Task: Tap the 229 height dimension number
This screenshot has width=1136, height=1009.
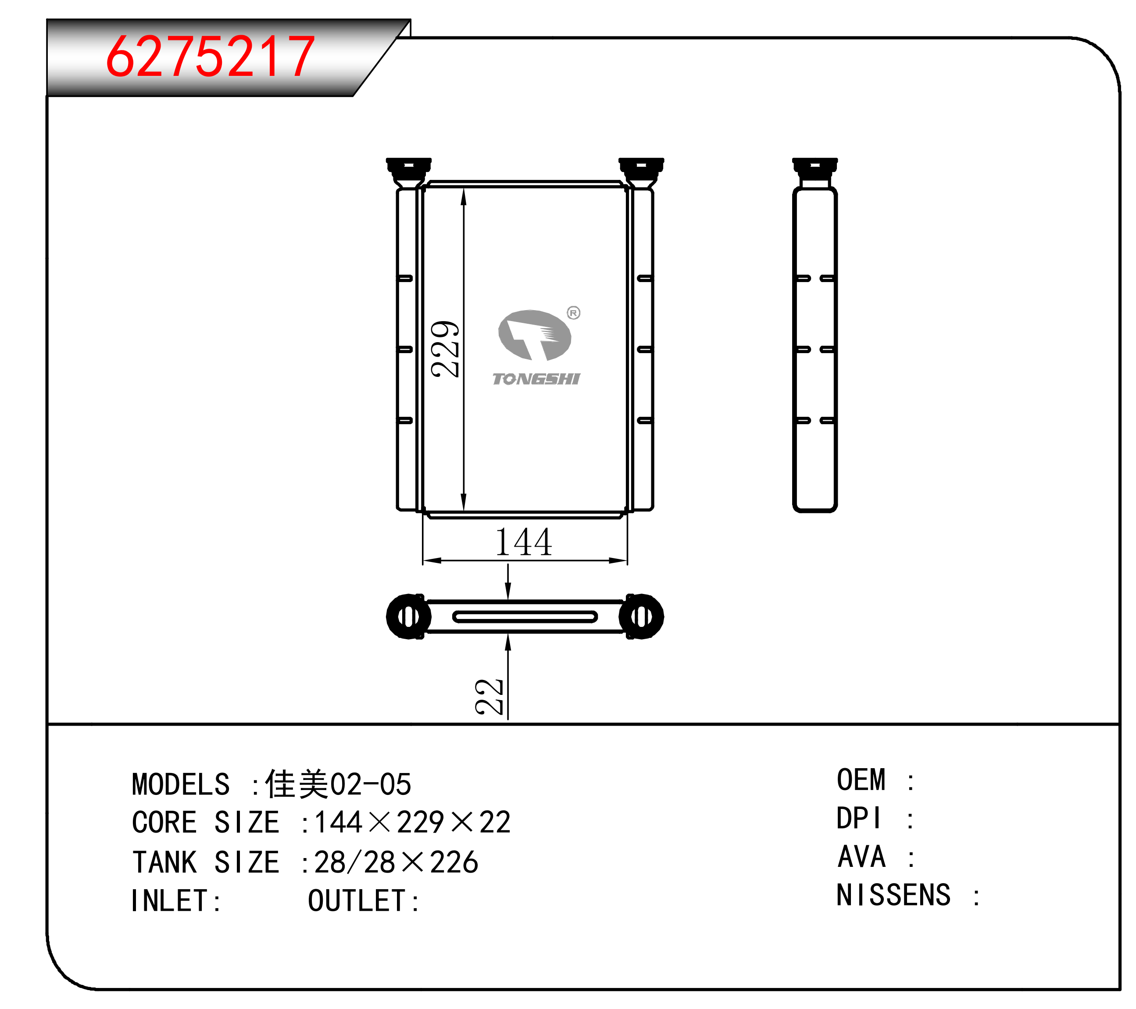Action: (x=445, y=349)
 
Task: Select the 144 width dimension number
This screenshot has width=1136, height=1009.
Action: (x=524, y=542)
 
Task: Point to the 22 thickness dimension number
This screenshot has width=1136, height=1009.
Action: (x=489, y=697)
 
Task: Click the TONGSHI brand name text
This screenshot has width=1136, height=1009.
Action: (x=536, y=379)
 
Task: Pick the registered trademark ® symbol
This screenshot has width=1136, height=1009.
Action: (x=574, y=313)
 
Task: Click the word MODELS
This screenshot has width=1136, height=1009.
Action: (x=181, y=784)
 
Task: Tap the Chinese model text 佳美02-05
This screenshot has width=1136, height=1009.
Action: (x=338, y=784)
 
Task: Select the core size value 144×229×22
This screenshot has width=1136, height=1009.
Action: (x=412, y=822)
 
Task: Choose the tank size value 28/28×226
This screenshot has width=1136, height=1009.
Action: (x=396, y=862)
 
